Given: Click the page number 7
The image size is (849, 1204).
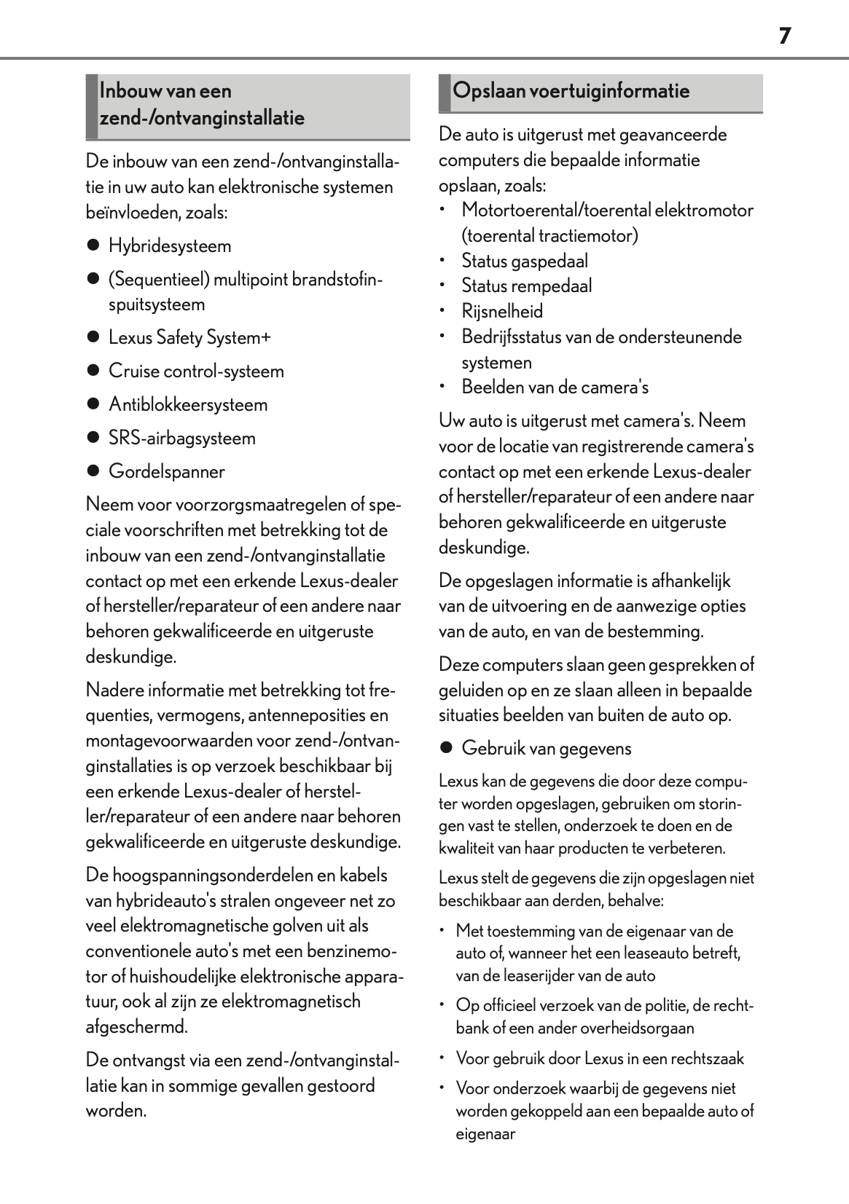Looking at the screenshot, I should click(x=784, y=36).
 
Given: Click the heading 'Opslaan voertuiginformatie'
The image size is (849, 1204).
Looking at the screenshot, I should click(x=571, y=91).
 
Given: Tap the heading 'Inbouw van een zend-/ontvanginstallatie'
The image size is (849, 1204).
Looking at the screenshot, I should click(x=202, y=105).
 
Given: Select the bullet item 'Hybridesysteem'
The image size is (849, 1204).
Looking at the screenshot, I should click(x=170, y=246).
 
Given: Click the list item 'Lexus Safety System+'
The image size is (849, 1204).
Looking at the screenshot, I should click(x=189, y=338).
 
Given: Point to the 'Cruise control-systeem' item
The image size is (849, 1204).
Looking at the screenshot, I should click(x=196, y=371).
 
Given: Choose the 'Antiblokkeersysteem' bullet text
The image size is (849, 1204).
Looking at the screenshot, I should click(x=188, y=405).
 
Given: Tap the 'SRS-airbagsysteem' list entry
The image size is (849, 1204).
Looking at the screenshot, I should click(x=182, y=438).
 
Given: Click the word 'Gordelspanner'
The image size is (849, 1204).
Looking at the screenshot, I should click(x=167, y=472).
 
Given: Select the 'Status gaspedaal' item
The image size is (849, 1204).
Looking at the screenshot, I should click(x=525, y=261).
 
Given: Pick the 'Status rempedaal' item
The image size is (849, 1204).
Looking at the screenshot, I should click(x=526, y=286).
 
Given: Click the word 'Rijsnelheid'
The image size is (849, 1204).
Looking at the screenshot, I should click(x=502, y=312).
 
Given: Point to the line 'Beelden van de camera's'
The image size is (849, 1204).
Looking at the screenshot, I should click(x=555, y=387).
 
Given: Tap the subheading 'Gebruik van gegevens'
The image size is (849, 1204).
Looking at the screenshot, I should click(x=547, y=749).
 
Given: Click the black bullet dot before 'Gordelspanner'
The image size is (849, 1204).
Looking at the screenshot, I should click(x=93, y=471).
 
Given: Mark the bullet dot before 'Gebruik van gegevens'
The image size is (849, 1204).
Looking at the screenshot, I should click(x=446, y=748).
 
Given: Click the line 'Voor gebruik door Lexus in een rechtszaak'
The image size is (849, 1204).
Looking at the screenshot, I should click(x=600, y=1059).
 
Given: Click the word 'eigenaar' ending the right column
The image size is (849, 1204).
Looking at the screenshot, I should click(x=485, y=1134).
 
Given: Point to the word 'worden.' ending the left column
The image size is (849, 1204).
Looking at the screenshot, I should click(x=117, y=1111).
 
